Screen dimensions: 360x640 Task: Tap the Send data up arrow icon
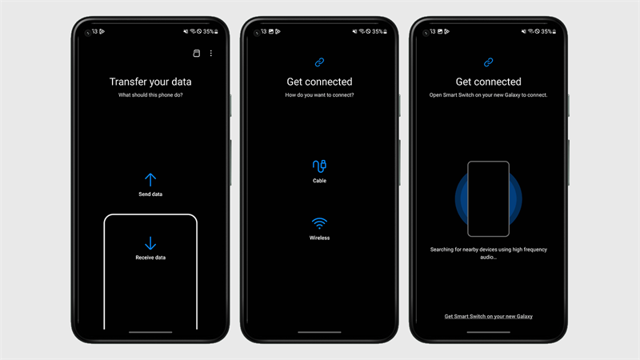150,179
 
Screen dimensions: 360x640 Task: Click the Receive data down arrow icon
150,243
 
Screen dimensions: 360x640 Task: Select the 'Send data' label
150,194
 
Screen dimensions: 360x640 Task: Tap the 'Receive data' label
150,258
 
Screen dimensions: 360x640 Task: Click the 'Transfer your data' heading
150,82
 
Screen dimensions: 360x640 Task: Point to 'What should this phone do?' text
150,95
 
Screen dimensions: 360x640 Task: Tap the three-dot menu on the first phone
211,54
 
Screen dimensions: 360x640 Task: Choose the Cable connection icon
319,166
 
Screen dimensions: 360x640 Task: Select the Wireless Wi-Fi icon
319,223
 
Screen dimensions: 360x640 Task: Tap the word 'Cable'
319,181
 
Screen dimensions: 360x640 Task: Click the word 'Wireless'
319,238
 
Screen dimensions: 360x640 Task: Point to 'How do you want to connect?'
319,95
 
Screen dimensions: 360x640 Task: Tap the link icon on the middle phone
319,62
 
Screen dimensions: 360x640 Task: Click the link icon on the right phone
488,62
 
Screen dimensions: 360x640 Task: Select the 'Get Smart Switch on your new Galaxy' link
488,316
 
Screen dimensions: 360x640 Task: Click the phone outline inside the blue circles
488,199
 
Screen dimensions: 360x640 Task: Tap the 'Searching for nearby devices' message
488,253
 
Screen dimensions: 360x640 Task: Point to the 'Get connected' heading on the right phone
488,82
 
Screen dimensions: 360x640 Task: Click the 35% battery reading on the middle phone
377,32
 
